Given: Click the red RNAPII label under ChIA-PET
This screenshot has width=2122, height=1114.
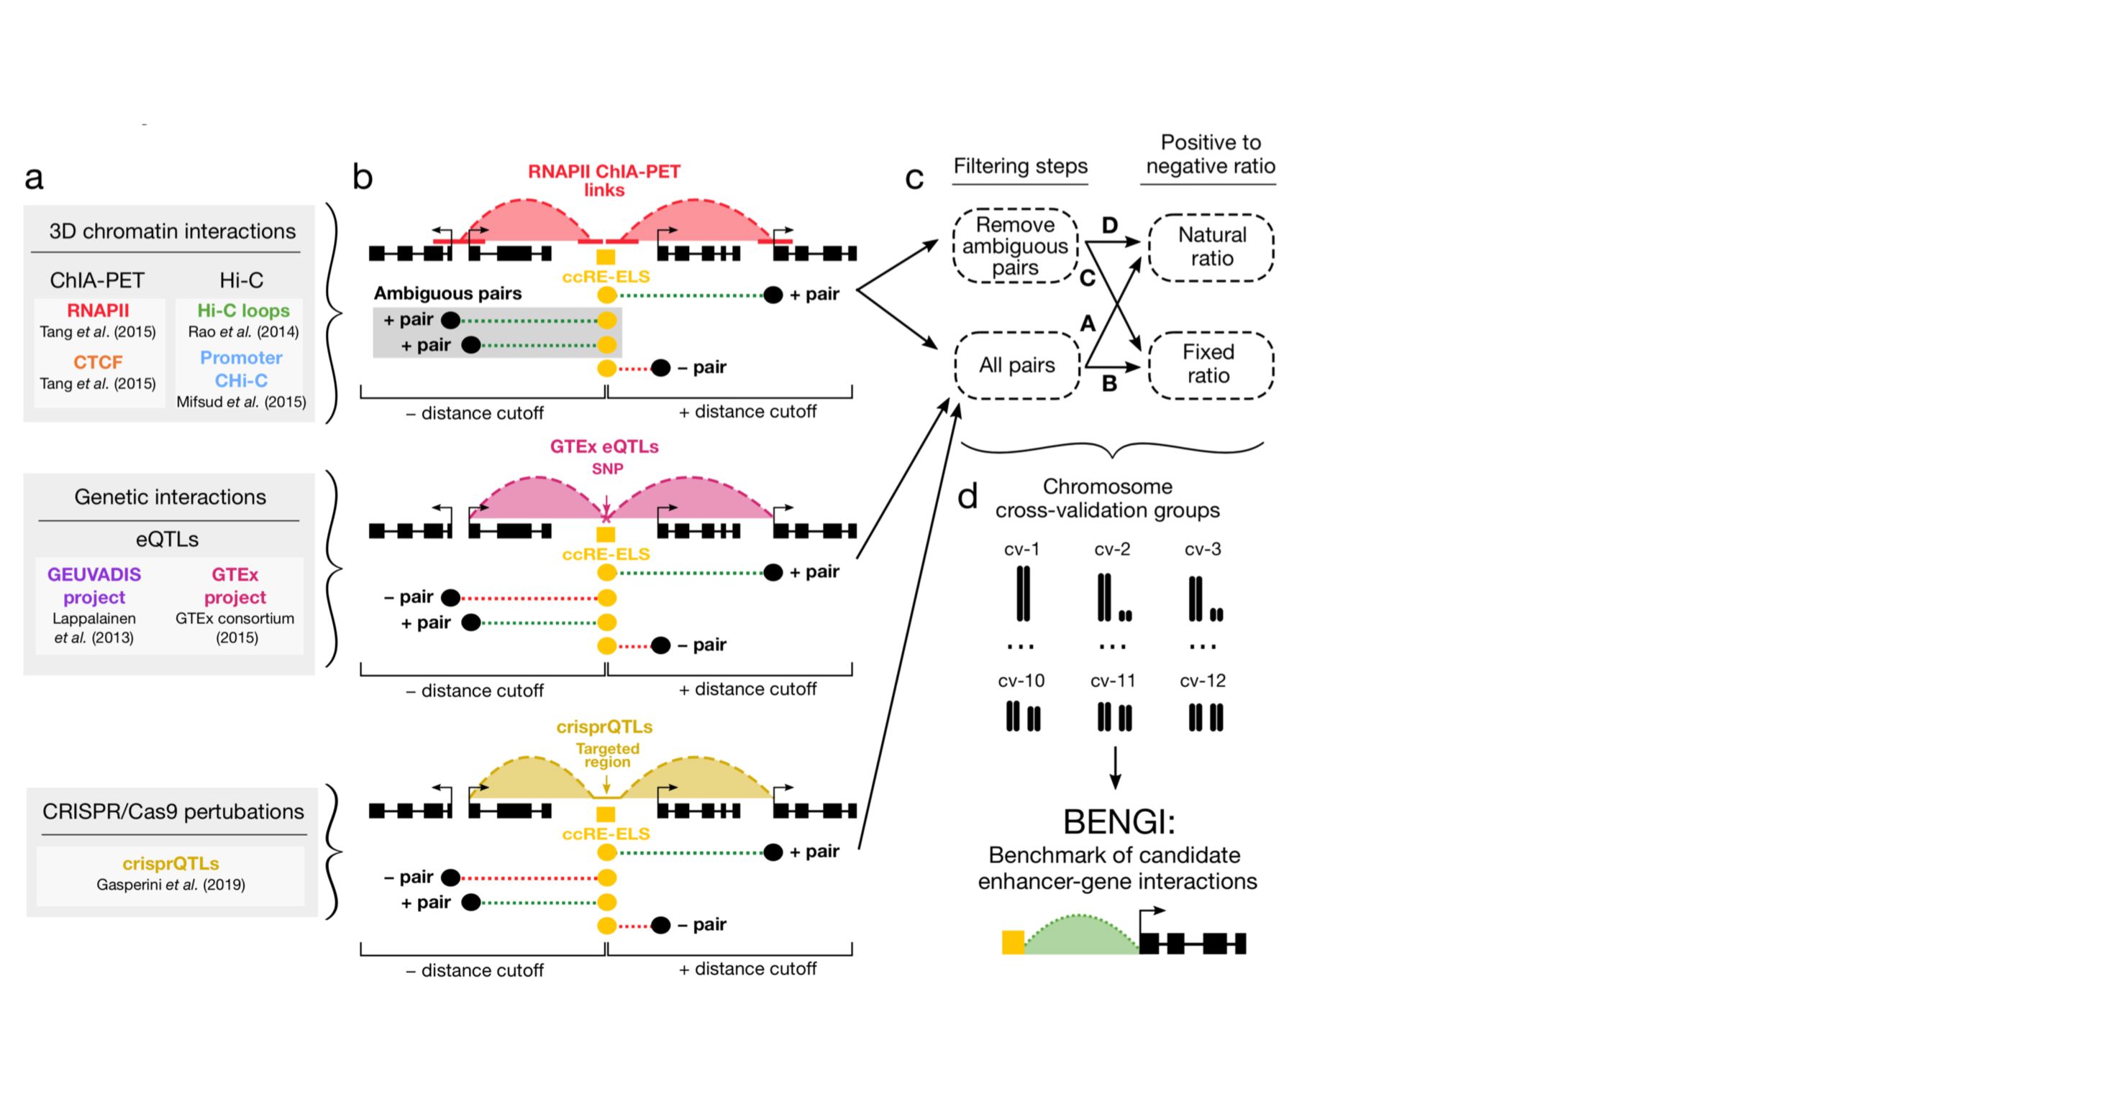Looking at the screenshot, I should click(x=98, y=310).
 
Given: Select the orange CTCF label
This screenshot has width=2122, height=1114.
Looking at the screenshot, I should click(x=98, y=362).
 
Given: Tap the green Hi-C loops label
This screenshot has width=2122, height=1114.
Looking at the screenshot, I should click(x=243, y=310).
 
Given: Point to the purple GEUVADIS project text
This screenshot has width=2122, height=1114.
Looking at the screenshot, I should click(x=94, y=586).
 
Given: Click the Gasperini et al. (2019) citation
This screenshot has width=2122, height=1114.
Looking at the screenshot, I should click(x=170, y=885).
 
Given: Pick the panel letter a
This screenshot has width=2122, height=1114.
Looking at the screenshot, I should click(x=34, y=177).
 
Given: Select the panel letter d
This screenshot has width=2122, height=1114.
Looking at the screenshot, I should click(x=967, y=497).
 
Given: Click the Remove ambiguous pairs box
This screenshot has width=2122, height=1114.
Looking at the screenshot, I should click(x=1015, y=247).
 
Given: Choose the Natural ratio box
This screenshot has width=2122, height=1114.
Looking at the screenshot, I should click(x=1211, y=247).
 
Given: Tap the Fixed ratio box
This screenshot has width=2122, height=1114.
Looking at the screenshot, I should click(x=1209, y=364).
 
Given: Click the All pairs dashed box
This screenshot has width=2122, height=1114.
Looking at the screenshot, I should click(x=1016, y=366).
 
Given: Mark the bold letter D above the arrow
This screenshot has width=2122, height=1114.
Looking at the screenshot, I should click(x=1110, y=225).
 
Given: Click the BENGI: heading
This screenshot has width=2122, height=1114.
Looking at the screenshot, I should click(x=1119, y=821).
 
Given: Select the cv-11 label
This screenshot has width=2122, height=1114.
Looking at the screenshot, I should click(x=1113, y=681).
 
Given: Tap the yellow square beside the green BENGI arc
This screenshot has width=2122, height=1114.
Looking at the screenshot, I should click(x=1012, y=942).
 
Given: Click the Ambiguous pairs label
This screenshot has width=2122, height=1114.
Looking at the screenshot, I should click(x=447, y=293).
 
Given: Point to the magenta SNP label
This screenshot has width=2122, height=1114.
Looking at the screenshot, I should click(x=607, y=469).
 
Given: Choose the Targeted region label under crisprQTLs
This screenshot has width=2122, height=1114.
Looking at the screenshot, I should click(x=607, y=755).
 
